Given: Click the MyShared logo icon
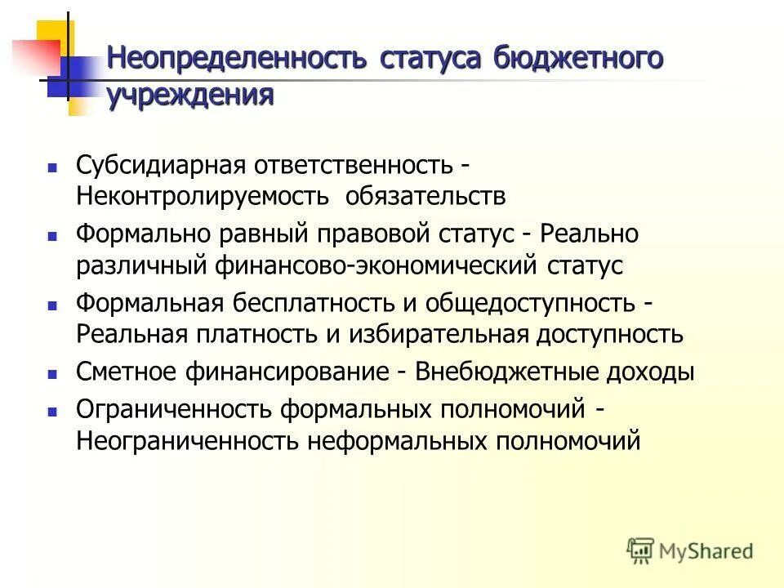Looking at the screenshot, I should (640, 549).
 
